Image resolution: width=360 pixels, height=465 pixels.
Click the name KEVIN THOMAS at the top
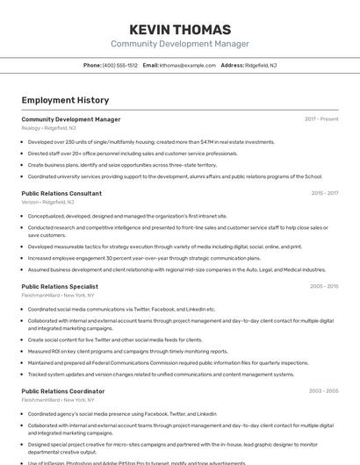(179, 29)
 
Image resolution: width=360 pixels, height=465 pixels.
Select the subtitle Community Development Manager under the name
(179, 44)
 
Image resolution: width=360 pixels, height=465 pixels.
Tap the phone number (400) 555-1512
(120, 65)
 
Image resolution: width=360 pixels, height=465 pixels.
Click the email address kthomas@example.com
(188, 65)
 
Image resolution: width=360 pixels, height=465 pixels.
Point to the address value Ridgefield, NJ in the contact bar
(262, 65)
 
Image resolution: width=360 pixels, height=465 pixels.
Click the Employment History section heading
(65, 100)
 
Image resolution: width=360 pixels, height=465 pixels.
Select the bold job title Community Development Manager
(71, 119)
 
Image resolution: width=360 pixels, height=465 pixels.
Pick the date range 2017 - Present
(321, 119)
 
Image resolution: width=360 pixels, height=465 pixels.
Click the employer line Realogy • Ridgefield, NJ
(48, 128)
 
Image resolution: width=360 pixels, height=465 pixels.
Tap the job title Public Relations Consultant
(61, 193)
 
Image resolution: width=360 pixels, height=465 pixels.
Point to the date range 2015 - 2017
(324, 193)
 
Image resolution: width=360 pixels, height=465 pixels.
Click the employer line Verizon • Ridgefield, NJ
(47, 202)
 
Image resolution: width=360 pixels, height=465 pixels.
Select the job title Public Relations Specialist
(60, 286)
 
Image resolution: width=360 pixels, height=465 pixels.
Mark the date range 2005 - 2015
(323, 286)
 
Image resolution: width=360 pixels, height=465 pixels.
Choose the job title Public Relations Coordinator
(63, 391)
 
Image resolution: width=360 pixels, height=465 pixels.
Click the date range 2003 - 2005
(323, 391)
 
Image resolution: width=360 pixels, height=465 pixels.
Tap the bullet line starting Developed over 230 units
(151, 141)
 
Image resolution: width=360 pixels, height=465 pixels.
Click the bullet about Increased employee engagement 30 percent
(144, 258)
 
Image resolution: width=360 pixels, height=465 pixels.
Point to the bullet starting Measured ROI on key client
(127, 351)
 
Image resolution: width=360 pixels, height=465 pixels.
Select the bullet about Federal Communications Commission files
(168, 362)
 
